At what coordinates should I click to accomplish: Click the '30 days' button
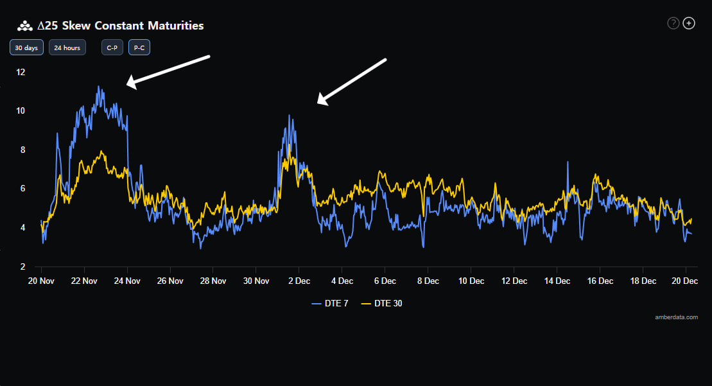(26, 48)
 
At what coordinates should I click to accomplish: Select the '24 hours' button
(67, 48)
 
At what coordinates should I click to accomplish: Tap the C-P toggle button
(112, 48)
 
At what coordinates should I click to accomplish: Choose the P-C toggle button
(139, 48)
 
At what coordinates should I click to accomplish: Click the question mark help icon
(673, 24)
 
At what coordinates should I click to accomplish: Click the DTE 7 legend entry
(331, 303)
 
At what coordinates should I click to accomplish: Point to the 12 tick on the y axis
(21, 72)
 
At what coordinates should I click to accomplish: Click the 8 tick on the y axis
(22, 150)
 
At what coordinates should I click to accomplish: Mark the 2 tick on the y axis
(22, 267)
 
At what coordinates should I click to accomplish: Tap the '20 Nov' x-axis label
(41, 281)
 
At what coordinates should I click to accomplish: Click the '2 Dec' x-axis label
(299, 281)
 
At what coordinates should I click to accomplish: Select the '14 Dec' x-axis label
(557, 281)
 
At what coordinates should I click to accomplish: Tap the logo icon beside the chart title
(24, 26)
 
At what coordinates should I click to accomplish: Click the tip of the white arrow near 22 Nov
(127, 84)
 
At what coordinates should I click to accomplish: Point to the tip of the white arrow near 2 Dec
(318, 103)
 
